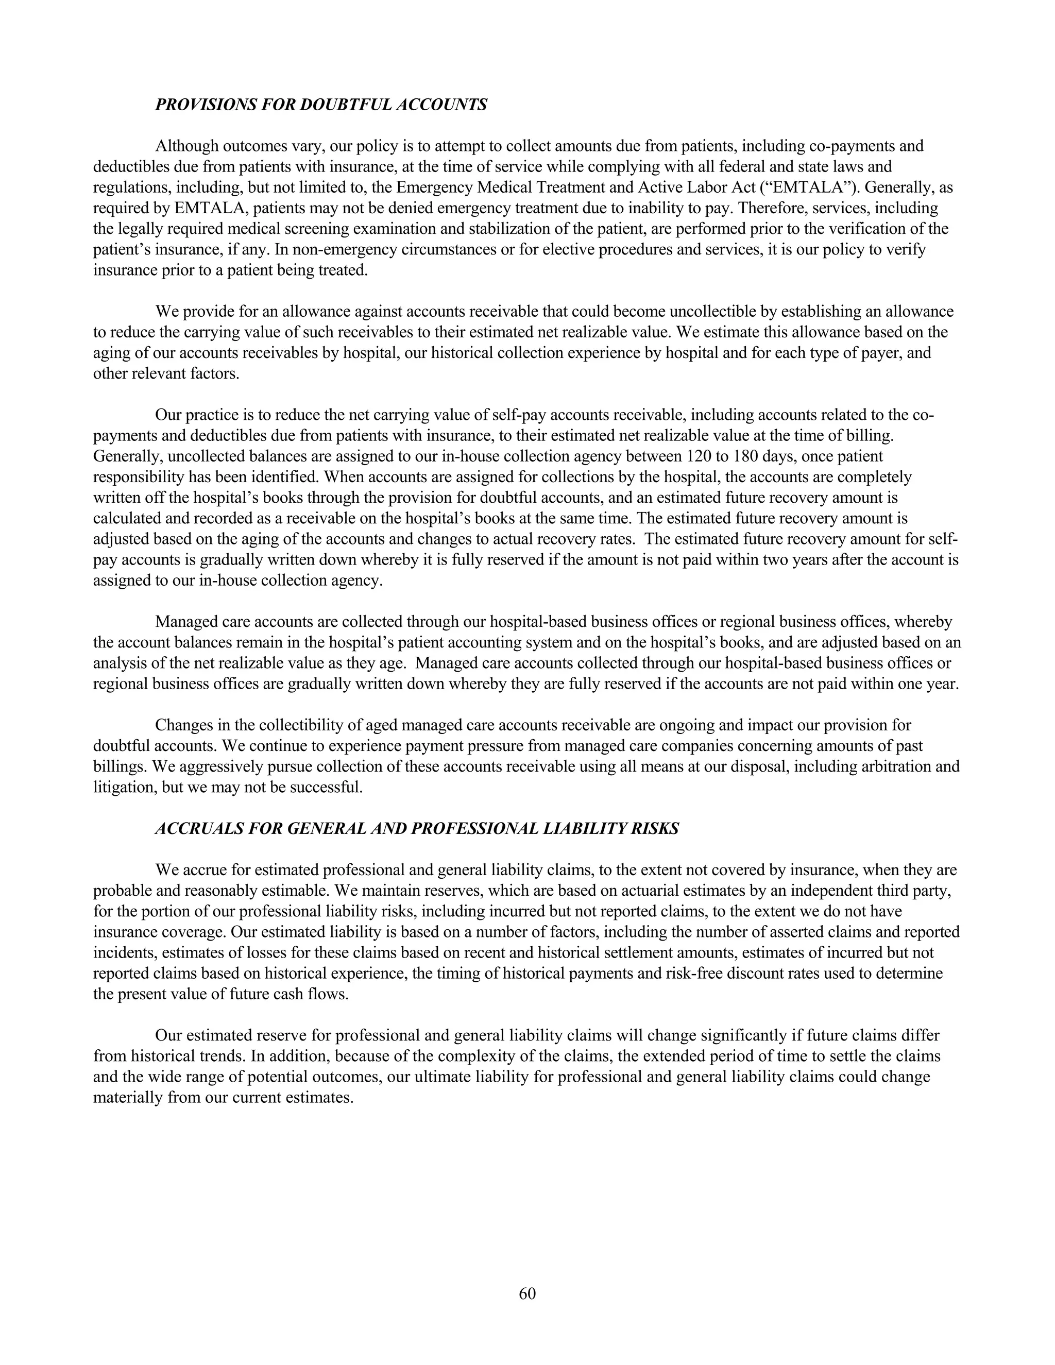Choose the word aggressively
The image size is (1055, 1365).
coord(211,766)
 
